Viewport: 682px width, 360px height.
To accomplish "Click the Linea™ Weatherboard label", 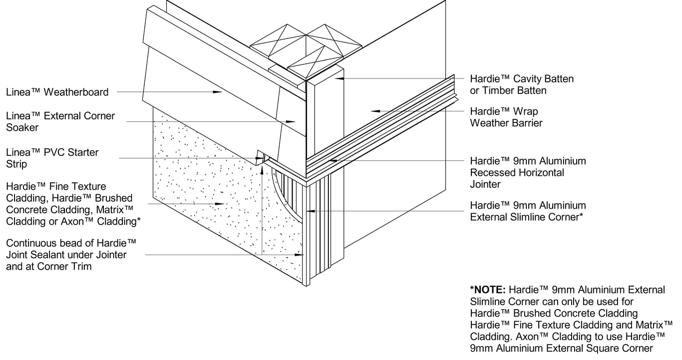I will click(x=57, y=92).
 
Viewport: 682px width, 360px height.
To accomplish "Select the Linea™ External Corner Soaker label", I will click(x=60, y=121).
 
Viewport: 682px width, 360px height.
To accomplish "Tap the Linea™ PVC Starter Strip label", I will click(x=52, y=158).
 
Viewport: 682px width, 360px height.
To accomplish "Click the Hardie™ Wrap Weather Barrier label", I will click(x=506, y=117).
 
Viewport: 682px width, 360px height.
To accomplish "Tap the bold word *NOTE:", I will click(x=488, y=290).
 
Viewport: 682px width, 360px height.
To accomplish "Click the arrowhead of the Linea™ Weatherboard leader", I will click(x=218, y=92).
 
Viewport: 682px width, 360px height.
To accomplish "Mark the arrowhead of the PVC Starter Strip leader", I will click(x=260, y=158).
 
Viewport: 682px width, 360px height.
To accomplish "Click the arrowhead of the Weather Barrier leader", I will click(x=374, y=111).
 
